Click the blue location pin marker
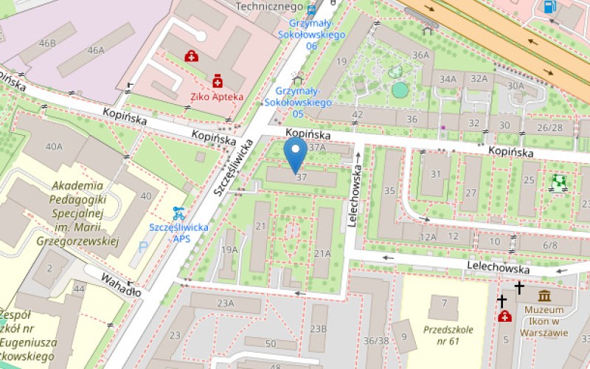pyautogui.click(x=296, y=155)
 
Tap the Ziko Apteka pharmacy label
pyautogui.click(x=218, y=97)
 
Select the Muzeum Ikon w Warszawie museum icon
pyautogui.click(x=545, y=297)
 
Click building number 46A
pyautogui.click(x=96, y=50)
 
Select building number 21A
pyautogui.click(x=322, y=253)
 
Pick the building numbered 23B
pyautogui.click(x=318, y=328)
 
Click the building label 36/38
pyautogui.click(x=376, y=340)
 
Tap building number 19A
pyautogui.click(x=229, y=249)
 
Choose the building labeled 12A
pyautogui.click(x=428, y=237)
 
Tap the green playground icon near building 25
pyautogui.click(x=559, y=180)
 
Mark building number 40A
pyautogui.click(x=54, y=146)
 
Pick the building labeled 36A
pyautogui.click(x=420, y=55)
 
